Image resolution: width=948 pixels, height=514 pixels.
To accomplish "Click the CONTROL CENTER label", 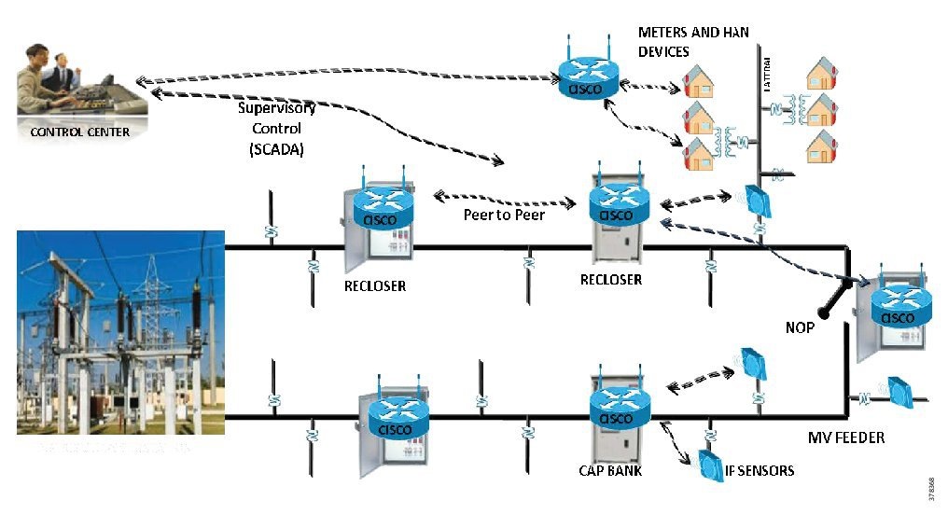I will [80, 132].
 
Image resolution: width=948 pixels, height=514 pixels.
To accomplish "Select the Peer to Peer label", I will [504, 215].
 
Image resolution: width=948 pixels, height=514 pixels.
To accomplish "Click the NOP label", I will [800, 328].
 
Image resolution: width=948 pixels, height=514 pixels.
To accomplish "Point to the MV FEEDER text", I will [846, 437].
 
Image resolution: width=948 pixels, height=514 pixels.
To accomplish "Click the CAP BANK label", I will [610, 470].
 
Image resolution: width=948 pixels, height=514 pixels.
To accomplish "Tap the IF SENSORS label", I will [760, 470].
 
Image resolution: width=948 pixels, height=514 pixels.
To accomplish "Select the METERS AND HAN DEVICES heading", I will [692, 42].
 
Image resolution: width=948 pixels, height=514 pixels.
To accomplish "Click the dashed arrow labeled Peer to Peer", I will [504, 199].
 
